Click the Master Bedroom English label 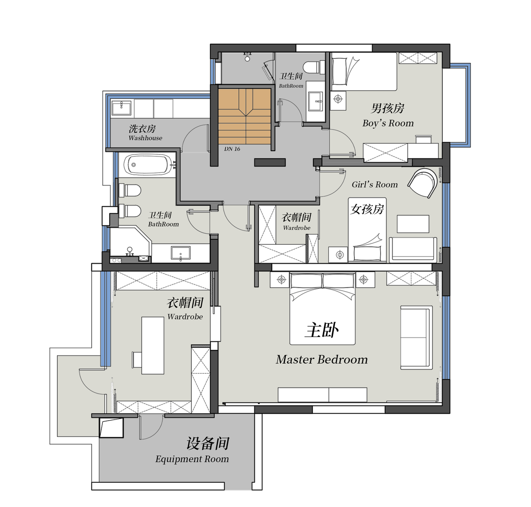click(321, 360)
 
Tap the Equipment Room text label click(192, 459)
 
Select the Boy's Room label click(388, 123)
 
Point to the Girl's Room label click(375, 184)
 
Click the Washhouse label click(145, 138)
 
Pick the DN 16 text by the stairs click(232, 149)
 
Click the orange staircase click(244, 116)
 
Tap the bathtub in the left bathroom click(147, 164)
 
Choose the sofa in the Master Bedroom click(416, 337)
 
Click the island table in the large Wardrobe click(153, 345)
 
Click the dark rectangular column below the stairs click(270, 163)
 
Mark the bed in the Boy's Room click(363, 71)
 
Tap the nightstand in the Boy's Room click(338, 99)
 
